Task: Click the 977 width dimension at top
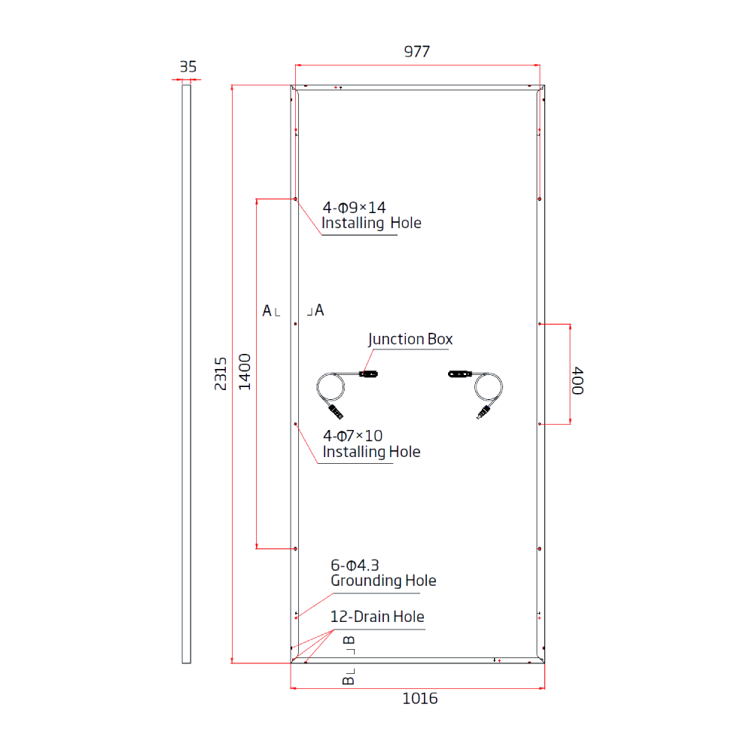pos(416,51)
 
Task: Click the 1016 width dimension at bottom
pos(419,699)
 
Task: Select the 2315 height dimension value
pos(221,373)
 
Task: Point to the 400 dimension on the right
pos(578,381)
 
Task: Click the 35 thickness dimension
pos(187,67)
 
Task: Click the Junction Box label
pos(410,340)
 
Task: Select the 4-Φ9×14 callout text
pos(354,207)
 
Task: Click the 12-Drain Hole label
pos(377,617)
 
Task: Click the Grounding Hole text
pos(383,581)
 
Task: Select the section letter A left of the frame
pos(267,310)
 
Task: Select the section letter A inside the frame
pos(319,309)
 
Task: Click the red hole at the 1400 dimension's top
pos(296,200)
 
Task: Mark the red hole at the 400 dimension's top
pos(541,325)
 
